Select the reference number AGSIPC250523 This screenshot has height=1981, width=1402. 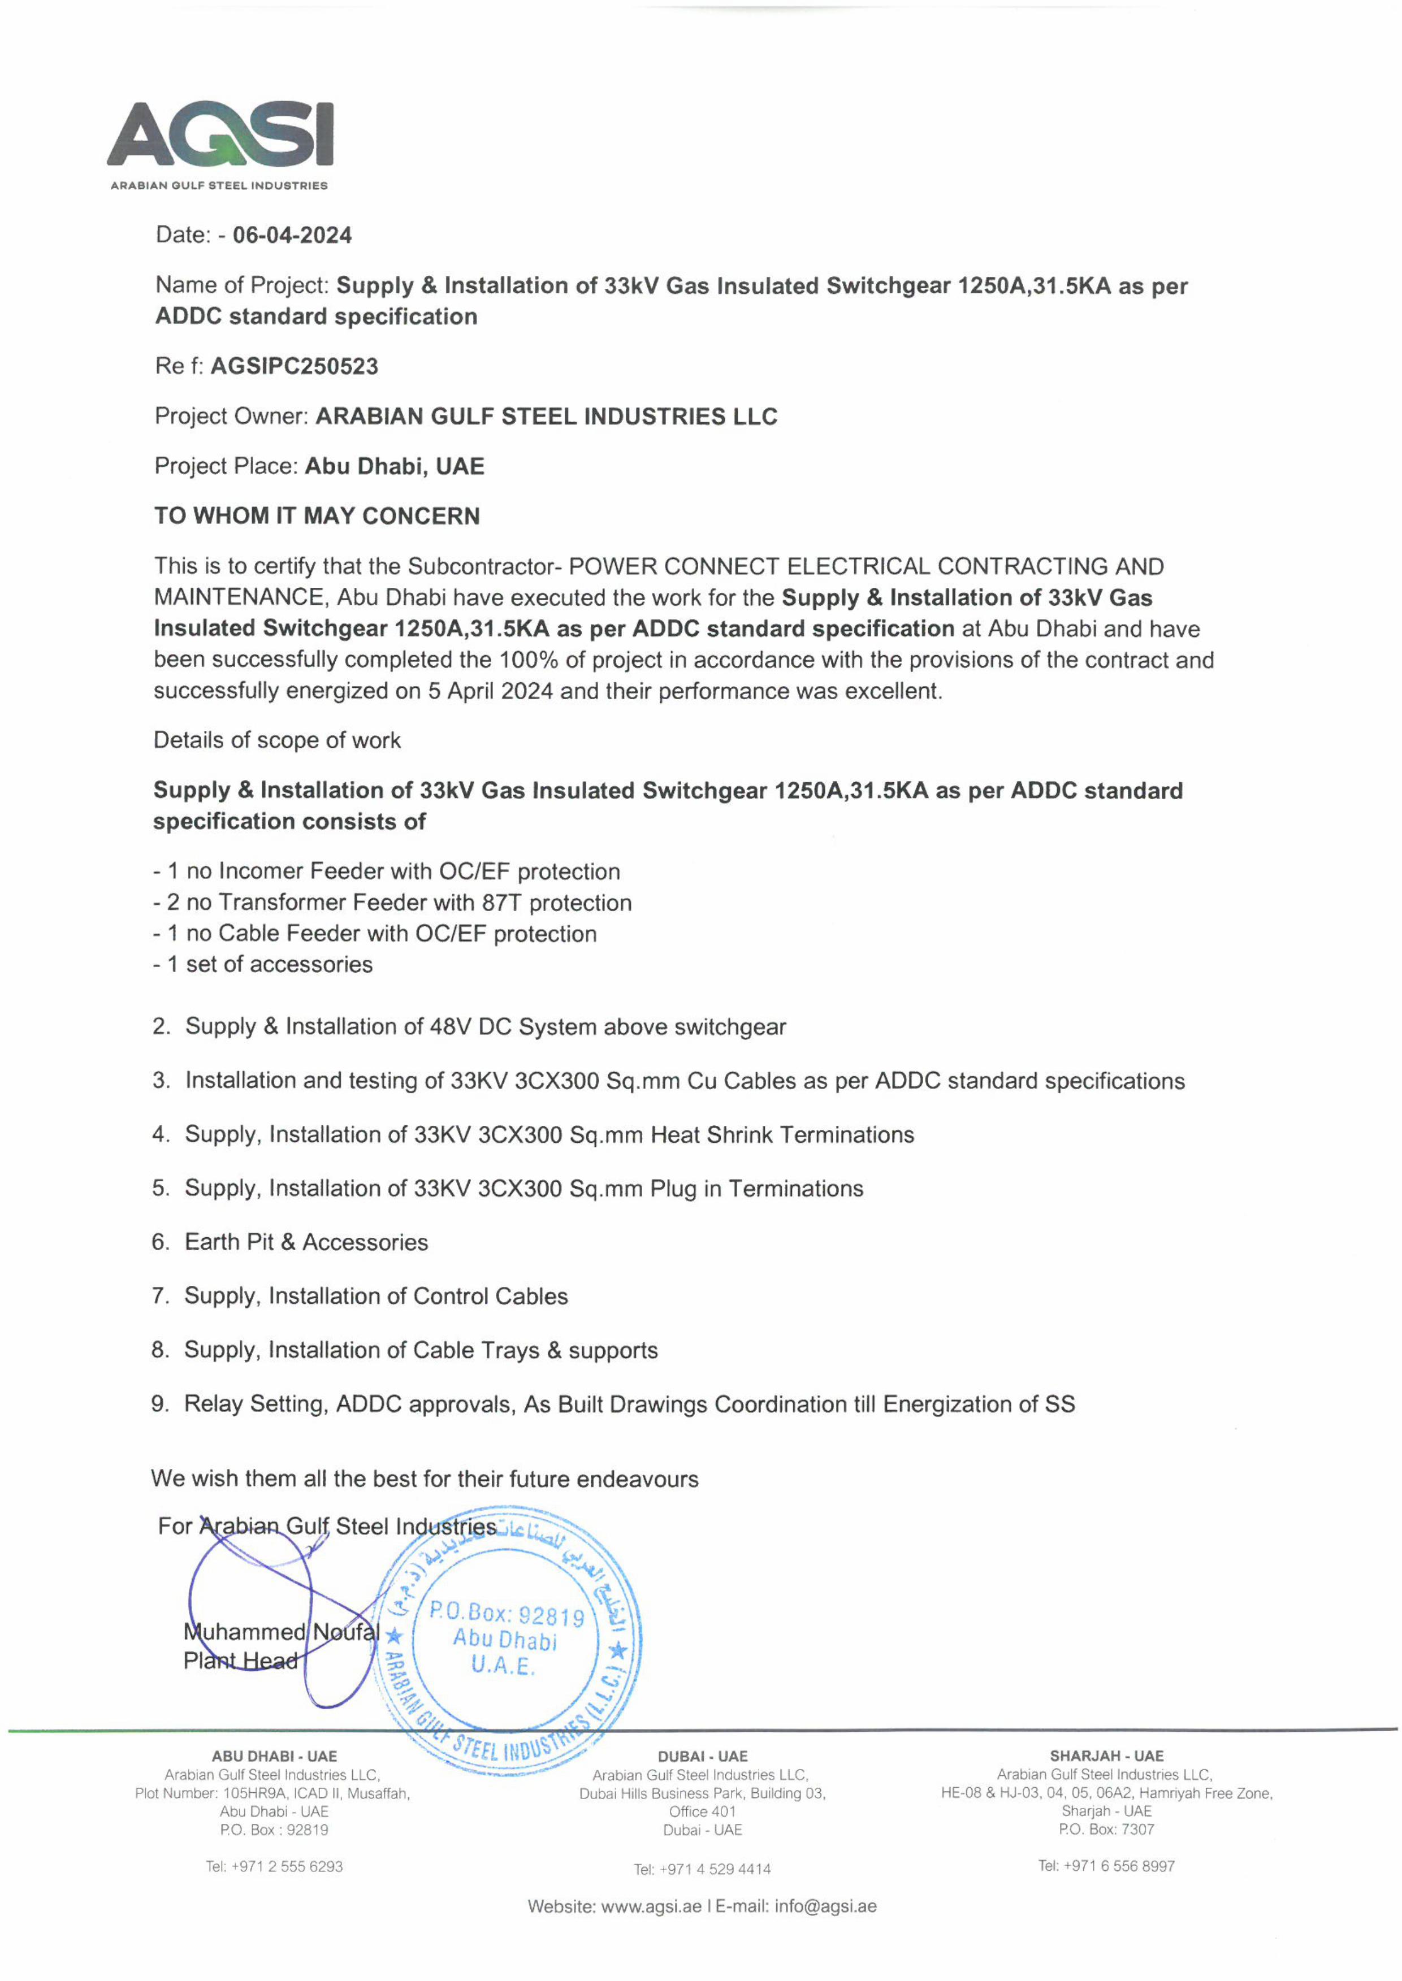pos(295,367)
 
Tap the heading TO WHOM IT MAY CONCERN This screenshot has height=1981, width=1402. pos(317,516)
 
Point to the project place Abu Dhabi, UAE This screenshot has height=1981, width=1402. pos(395,467)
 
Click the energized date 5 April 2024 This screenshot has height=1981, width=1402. pos(490,691)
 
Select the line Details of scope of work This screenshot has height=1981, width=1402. pos(277,740)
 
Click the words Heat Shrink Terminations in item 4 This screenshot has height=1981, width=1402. pos(782,1135)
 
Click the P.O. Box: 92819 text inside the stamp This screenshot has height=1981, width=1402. pos(507,1614)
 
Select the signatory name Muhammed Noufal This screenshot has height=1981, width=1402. pos(280,1632)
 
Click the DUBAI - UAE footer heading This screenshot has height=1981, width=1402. pos(702,1757)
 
